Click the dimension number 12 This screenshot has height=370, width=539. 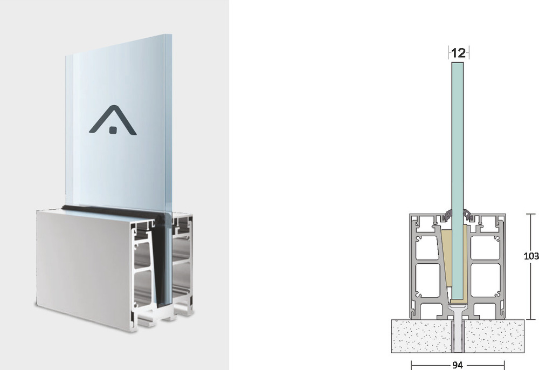[459, 53]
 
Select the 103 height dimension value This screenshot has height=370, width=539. [531, 256]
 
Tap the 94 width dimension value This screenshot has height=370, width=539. [457, 365]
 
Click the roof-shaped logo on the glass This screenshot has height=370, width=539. [113, 119]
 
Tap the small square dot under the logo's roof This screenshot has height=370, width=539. [113, 130]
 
